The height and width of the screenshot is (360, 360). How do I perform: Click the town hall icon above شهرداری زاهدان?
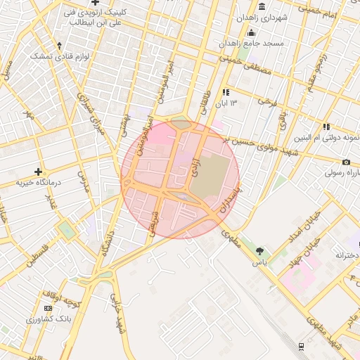[262, 6]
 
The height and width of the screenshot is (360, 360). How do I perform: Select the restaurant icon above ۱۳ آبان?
[226, 92]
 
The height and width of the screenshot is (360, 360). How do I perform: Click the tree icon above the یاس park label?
[261, 251]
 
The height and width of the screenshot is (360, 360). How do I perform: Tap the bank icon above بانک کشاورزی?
[48, 309]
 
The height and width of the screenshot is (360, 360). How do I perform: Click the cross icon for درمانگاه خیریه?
[38, 171]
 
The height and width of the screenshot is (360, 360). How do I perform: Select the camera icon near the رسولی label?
[347, 162]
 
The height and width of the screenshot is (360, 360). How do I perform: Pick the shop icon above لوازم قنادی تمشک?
[60, 45]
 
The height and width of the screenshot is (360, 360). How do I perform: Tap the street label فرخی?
[268, 102]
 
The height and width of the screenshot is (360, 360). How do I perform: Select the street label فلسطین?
[38, 257]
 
